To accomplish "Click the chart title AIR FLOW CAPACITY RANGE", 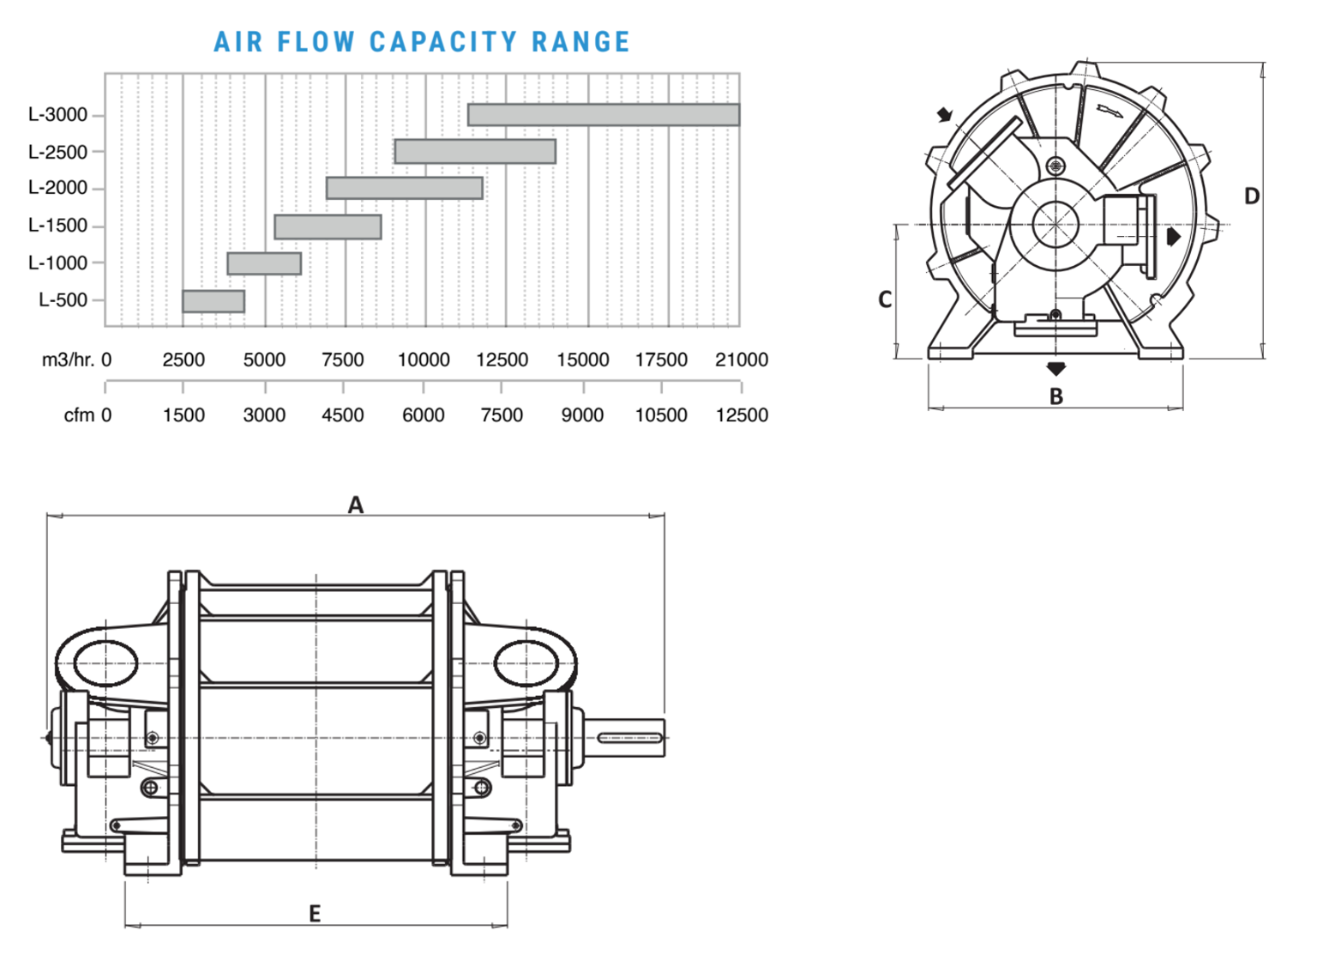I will tap(422, 42).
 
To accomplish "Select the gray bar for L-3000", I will tap(604, 115).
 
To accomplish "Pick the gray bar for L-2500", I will tap(475, 152).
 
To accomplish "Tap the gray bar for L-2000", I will tap(405, 188).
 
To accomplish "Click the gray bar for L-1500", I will tap(328, 227).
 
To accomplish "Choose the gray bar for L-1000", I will tap(264, 263).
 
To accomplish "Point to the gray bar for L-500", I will tap(213, 301).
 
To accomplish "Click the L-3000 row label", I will tap(57, 115).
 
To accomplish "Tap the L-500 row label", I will tap(63, 300).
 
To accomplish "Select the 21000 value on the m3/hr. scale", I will tap(741, 360).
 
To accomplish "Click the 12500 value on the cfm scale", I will tap(741, 415).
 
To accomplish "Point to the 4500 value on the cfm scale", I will tap(343, 415).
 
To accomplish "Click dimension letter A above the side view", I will tap(356, 505).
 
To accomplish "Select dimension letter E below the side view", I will tap(315, 914).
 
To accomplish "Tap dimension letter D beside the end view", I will tap(1251, 196).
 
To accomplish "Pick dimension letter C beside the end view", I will tap(885, 299).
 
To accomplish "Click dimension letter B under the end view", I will tap(1056, 396).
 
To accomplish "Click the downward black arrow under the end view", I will tap(1056, 369).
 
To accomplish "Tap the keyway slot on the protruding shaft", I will tap(630, 738).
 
